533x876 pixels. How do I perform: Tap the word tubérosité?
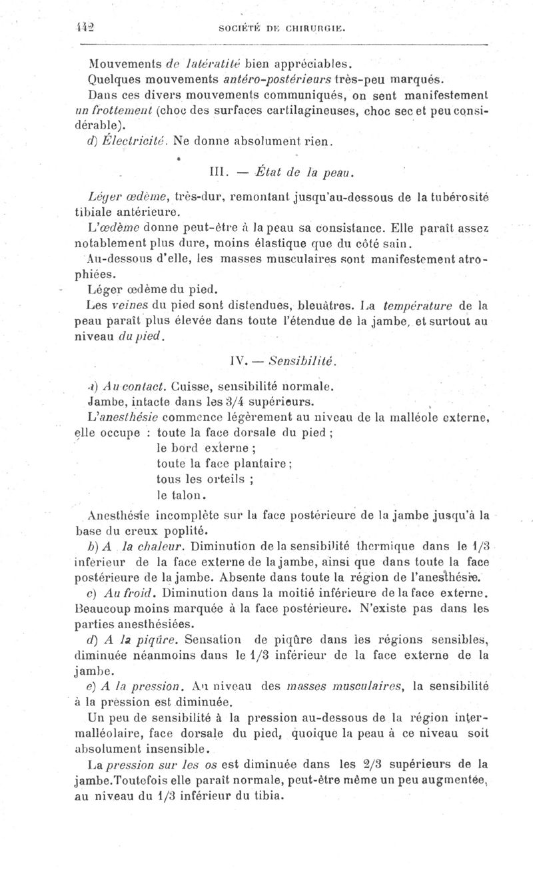click(x=456, y=198)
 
